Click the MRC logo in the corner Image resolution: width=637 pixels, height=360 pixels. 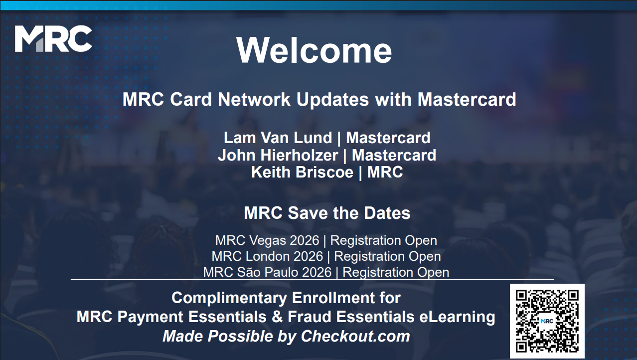(x=53, y=39)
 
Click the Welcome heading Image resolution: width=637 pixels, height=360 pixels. (x=314, y=50)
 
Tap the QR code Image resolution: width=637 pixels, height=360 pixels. (x=547, y=321)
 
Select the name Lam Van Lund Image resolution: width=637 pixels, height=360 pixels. (x=278, y=138)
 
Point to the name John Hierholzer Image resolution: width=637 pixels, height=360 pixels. (x=278, y=156)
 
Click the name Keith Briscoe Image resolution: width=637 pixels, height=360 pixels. (x=302, y=172)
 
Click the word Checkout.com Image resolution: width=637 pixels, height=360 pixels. (x=355, y=336)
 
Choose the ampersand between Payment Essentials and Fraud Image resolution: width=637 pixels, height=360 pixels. (x=277, y=317)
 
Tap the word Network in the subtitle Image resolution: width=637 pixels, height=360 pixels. (x=254, y=100)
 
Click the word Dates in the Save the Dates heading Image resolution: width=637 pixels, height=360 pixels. (x=387, y=213)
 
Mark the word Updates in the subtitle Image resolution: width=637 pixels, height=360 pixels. (x=332, y=100)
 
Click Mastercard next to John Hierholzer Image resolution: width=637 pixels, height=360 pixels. (x=394, y=156)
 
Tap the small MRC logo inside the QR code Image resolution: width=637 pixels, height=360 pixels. (x=547, y=321)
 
